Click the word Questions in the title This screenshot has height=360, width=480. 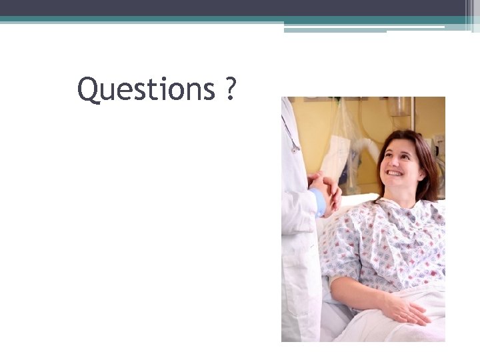coord(146,89)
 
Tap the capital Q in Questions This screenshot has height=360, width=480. coord(87,89)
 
